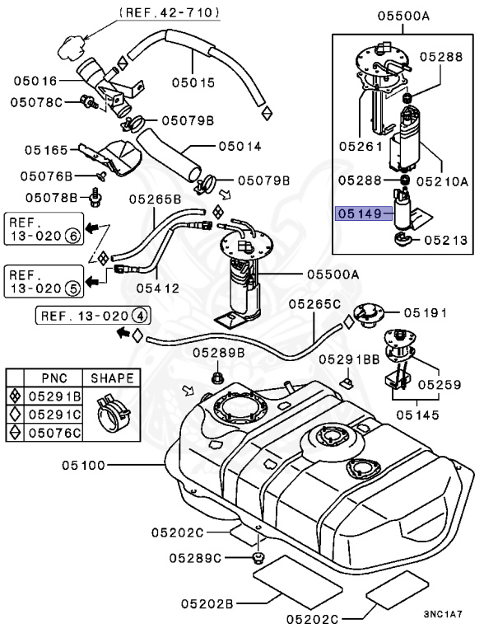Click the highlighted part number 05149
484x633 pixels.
click(x=360, y=213)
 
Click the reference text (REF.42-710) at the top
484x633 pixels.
click(x=169, y=12)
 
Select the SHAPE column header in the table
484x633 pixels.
click(x=112, y=378)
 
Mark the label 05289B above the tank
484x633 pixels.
click(x=220, y=352)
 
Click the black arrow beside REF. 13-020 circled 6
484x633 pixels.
click(x=95, y=226)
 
